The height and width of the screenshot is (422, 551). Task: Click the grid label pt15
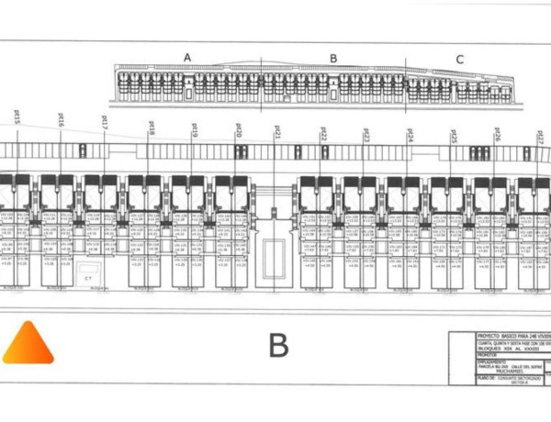(x=17, y=117)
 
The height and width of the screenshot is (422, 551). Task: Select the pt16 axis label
(x=61, y=120)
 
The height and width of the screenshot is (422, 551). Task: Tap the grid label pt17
(x=105, y=122)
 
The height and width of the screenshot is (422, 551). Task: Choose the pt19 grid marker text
(x=195, y=129)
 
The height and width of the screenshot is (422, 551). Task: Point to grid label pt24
(x=410, y=135)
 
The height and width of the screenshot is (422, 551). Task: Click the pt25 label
(x=453, y=136)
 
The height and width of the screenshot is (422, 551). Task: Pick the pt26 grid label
(x=497, y=136)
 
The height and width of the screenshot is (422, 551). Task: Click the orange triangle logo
(x=28, y=344)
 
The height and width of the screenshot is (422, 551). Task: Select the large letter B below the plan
(x=278, y=346)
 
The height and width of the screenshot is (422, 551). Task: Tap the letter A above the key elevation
(x=187, y=58)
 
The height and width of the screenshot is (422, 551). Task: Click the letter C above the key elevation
(x=459, y=60)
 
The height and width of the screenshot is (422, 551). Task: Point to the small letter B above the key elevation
(x=333, y=59)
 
